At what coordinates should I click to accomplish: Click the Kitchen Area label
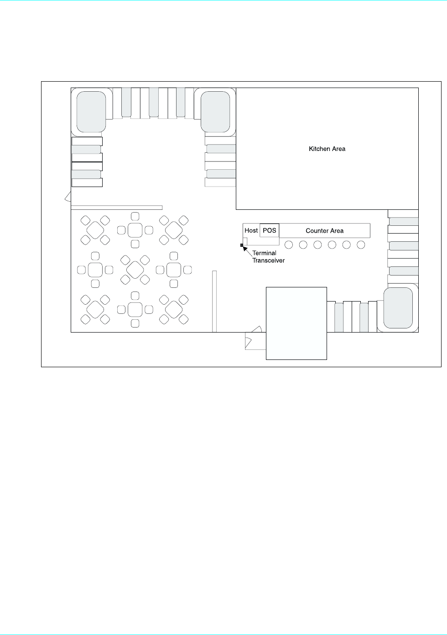tap(327, 149)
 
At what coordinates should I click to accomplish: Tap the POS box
tap(269, 230)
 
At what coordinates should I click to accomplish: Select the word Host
tap(251, 230)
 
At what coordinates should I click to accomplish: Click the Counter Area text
tap(325, 231)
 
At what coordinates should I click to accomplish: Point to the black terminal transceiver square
tap(242, 245)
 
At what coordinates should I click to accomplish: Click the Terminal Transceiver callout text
tap(268, 256)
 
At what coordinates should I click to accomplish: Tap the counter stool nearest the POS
tap(289, 245)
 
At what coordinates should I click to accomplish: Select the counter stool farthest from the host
tap(361, 245)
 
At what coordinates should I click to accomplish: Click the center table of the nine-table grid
tap(135, 270)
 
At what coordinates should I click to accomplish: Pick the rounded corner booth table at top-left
tap(91, 112)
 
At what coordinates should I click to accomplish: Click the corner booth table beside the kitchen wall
tap(215, 112)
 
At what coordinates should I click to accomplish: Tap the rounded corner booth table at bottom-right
tap(398, 308)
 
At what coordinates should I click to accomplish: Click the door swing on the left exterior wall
tap(68, 197)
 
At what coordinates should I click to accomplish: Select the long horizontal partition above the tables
tap(116, 208)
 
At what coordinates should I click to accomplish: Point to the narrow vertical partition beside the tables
tap(214, 302)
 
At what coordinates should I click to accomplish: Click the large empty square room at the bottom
tap(296, 323)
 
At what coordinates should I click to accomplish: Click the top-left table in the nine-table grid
tap(95, 230)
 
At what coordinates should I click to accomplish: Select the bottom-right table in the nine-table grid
tap(174, 310)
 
